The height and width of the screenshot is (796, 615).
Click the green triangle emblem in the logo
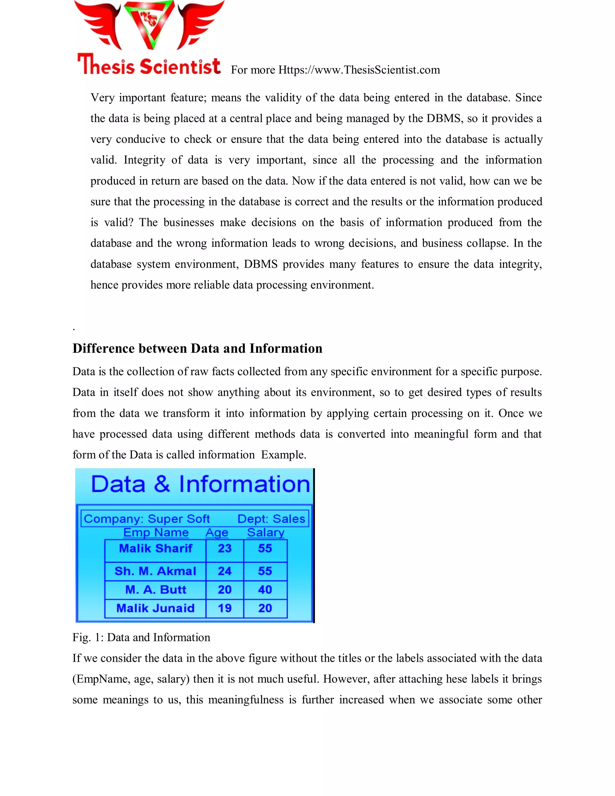[149, 24]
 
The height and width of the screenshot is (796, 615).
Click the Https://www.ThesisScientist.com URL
[359, 70]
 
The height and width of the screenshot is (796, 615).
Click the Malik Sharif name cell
[156, 548]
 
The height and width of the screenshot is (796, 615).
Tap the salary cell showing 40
[265, 589]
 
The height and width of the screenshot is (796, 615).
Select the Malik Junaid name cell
[156, 608]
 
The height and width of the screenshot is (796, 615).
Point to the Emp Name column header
[156, 533]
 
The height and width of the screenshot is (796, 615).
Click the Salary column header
[265, 533]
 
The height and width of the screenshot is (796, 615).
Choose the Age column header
[217, 533]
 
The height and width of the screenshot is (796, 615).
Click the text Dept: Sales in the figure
[271, 519]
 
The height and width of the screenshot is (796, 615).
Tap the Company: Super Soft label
[147, 519]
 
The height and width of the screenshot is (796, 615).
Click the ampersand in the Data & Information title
[162, 485]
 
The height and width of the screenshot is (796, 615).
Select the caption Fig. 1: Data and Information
[141, 637]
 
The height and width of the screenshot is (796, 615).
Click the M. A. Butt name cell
[156, 589]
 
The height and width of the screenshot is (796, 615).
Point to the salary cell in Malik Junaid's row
[265, 608]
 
